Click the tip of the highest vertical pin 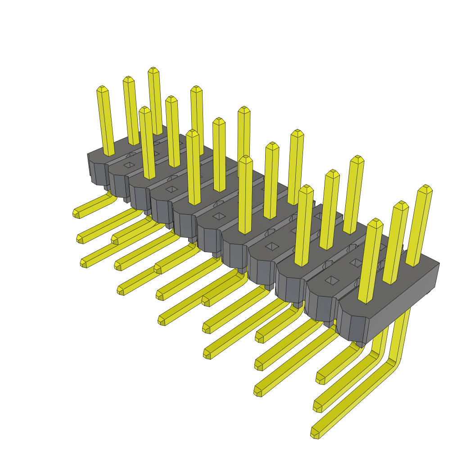pyautogui.click(x=154, y=70)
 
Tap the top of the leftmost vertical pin pyautogui.click(x=102, y=88)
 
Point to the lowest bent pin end pyautogui.click(x=315, y=433)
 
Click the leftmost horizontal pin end pyautogui.click(x=76, y=213)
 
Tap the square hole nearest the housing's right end pyautogui.click(x=332, y=280)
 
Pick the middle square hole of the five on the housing pyautogui.click(x=219, y=216)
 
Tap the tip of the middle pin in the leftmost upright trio pyautogui.click(x=128, y=79)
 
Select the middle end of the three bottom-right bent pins pyautogui.click(x=317, y=407)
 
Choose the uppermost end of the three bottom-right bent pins pyautogui.click(x=320, y=378)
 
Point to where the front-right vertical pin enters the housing pyautogui.click(x=365, y=300)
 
